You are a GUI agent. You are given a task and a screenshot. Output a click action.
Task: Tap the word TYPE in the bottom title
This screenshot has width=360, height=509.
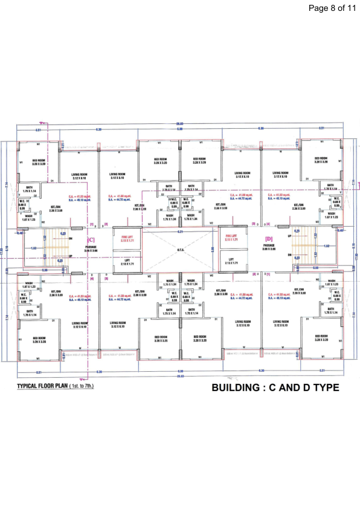324,387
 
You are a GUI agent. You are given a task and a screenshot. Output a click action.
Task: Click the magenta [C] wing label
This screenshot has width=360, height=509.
92,240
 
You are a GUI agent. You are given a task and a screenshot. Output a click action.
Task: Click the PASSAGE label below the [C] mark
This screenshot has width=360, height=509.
91,248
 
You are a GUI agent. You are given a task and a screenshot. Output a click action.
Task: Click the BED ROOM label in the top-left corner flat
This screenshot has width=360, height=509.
39,161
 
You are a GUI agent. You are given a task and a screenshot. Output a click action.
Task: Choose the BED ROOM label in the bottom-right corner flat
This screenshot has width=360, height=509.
320,337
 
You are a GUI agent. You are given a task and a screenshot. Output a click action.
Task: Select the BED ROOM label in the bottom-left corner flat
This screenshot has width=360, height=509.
39,339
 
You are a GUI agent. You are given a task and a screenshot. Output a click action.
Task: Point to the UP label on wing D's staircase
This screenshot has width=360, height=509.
289,236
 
